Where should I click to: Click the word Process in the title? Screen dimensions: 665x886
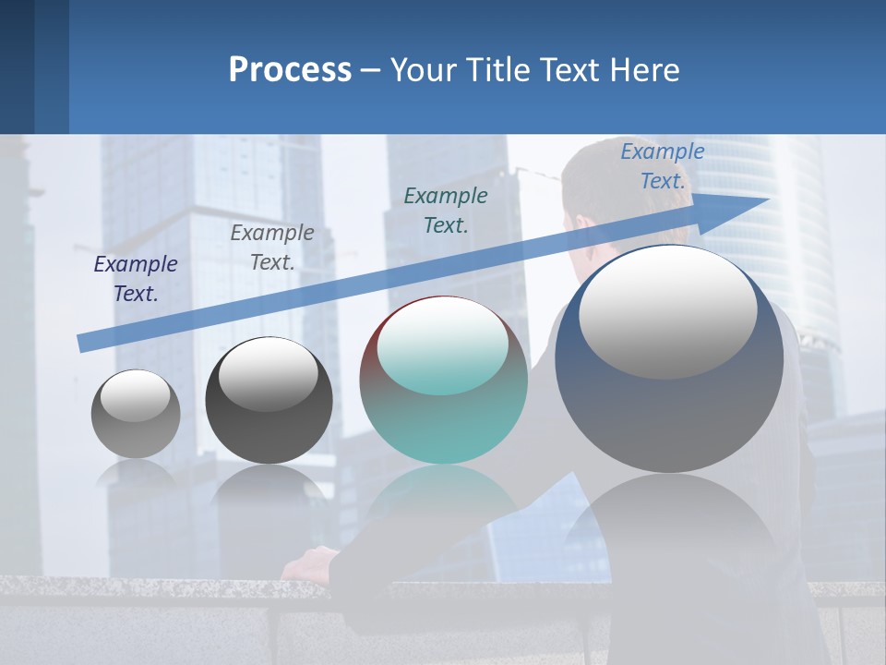pyautogui.click(x=290, y=70)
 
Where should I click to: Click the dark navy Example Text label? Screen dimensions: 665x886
pyautogui.click(x=136, y=279)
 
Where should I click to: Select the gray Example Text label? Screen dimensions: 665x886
pyautogui.click(x=272, y=248)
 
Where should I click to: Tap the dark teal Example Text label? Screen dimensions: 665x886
pyautogui.click(x=446, y=210)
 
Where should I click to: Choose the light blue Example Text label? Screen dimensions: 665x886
pyautogui.click(x=662, y=166)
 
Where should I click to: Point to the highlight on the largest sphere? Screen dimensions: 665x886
pyautogui.click(x=668, y=311)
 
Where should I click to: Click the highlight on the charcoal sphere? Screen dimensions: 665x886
pyautogui.click(x=269, y=373)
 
